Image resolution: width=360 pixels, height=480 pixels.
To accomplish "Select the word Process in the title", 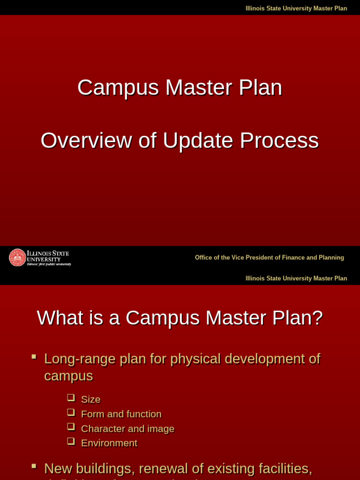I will click(279, 141).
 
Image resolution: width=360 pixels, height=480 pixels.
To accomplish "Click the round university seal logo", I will click(18, 257).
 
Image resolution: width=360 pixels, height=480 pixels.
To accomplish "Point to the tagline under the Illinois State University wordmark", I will click(49, 264).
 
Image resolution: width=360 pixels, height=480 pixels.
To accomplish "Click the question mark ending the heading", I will click(318, 318).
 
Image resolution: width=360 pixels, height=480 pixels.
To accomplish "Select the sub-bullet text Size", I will click(90, 399).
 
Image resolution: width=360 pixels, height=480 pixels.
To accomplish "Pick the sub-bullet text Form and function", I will click(121, 414).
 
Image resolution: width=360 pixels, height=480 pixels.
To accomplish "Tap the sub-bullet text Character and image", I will click(127, 428).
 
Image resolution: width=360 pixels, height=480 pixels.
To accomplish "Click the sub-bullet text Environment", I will click(109, 443).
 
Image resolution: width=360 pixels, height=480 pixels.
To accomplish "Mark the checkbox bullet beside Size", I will click(71, 397).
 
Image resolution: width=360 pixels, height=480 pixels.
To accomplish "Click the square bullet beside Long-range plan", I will click(34, 357).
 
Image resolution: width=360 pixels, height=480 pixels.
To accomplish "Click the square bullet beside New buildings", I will click(34, 466).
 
